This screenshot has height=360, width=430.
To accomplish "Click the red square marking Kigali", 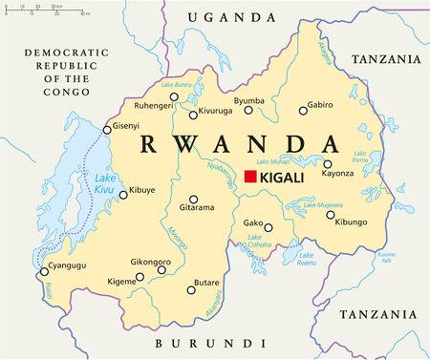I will click(x=251, y=177).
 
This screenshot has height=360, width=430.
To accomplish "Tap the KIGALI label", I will click(x=286, y=177).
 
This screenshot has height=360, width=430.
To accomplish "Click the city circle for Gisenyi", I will click(x=105, y=131).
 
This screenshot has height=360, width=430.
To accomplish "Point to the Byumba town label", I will click(x=249, y=99).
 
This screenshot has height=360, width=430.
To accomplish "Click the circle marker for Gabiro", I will click(x=303, y=110).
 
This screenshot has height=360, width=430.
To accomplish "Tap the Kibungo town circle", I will click(x=330, y=215).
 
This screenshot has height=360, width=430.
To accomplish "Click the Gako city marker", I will click(x=269, y=228).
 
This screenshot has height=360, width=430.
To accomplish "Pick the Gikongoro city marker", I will click(x=161, y=269).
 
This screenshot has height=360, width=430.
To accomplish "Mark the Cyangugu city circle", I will click(x=41, y=271).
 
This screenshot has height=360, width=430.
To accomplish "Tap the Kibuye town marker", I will click(x=122, y=194).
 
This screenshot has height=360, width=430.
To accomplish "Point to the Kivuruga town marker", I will click(x=193, y=115).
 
